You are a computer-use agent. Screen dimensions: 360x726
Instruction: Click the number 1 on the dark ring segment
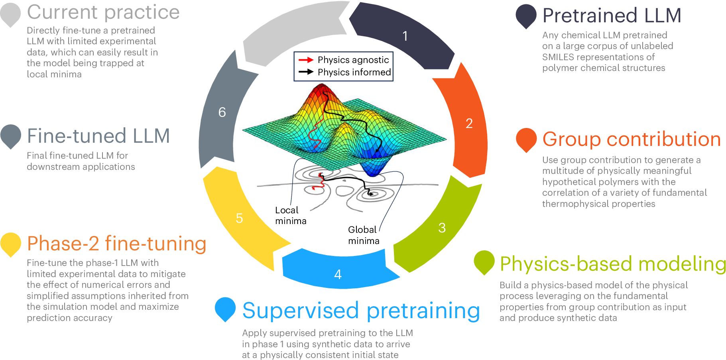[x=405, y=36]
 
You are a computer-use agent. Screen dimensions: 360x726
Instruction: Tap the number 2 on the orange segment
[x=469, y=124]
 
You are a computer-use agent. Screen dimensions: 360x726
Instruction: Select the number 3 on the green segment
[x=442, y=228]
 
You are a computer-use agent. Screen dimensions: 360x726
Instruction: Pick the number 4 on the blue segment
[x=338, y=274]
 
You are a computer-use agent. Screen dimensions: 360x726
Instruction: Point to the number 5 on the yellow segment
[x=239, y=218]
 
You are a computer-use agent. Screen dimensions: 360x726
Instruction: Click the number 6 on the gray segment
[x=222, y=112]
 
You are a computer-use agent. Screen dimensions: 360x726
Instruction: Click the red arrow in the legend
[x=306, y=60]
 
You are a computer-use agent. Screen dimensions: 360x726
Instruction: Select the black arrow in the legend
[x=306, y=72]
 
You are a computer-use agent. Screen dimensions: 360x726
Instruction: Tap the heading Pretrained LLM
[x=612, y=16]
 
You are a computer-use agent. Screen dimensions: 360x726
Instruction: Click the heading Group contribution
[x=632, y=139]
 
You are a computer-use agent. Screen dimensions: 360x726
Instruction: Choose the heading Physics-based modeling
[x=613, y=264]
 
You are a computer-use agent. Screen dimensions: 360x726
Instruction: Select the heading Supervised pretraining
[x=361, y=311]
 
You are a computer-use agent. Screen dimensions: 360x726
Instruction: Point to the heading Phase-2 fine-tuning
[x=116, y=243]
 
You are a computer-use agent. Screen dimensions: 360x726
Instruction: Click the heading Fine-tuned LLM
[x=98, y=136]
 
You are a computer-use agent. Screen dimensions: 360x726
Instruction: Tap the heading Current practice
[x=103, y=12]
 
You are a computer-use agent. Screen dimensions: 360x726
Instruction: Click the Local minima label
[x=290, y=215]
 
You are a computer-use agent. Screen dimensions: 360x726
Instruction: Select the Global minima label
[x=363, y=235]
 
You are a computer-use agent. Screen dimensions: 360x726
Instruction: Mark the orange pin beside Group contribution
[x=526, y=139]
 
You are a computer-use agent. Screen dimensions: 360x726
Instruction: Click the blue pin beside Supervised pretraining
[x=225, y=308]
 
